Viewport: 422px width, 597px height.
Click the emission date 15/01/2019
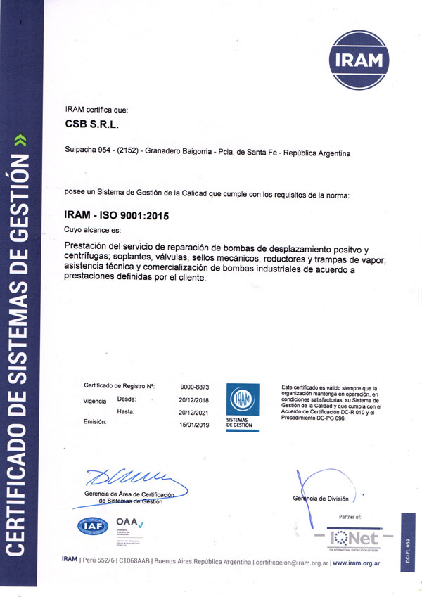click(x=195, y=425)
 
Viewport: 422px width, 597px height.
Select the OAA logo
click(x=129, y=522)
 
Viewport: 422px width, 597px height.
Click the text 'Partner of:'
click(x=349, y=517)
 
